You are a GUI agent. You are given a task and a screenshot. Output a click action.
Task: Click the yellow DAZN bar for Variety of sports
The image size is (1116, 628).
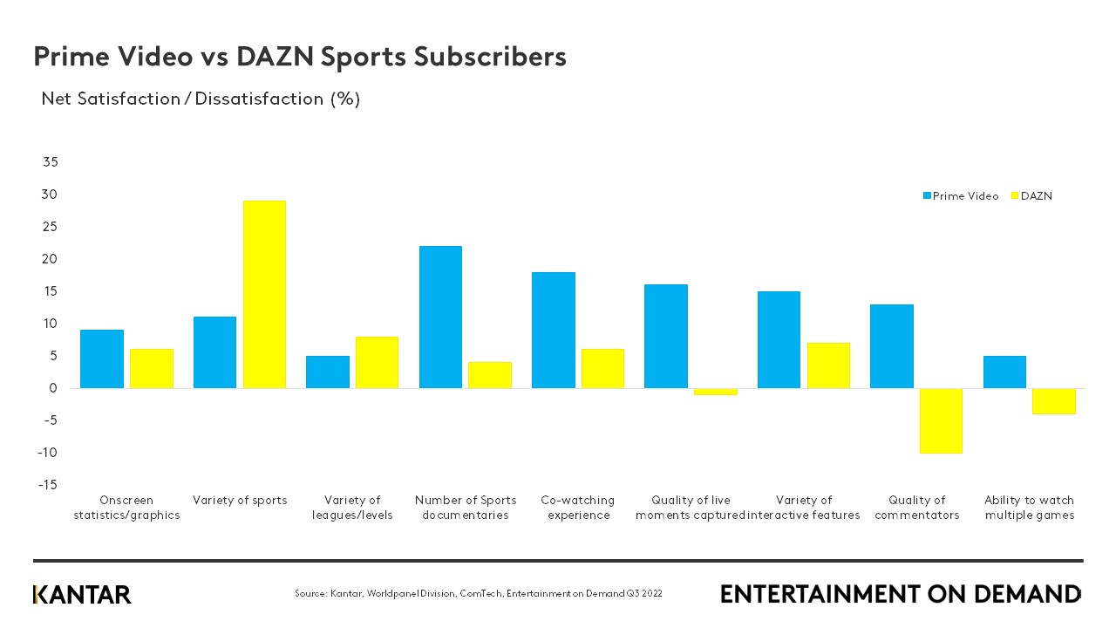point(264,295)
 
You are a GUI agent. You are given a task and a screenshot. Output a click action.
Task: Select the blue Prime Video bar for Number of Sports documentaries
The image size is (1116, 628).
point(440,317)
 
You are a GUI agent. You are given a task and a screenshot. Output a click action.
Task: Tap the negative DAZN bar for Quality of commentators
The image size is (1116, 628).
point(941,420)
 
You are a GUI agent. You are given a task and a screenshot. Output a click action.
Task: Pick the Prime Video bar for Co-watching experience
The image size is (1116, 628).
point(554,331)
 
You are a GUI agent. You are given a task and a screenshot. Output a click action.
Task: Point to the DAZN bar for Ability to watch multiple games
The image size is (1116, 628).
point(1054,401)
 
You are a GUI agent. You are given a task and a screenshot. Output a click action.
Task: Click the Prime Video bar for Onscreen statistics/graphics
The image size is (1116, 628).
point(102,359)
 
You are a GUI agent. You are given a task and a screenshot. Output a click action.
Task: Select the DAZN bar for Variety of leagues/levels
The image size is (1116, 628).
point(377,363)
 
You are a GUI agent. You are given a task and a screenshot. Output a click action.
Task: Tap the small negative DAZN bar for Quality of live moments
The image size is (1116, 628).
point(716,392)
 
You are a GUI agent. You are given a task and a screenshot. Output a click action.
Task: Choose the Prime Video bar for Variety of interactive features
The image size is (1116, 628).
point(779,340)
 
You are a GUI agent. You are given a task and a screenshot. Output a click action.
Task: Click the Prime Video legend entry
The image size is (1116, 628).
point(961,196)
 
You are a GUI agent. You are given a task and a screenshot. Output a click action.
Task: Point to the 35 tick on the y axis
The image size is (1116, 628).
point(50,162)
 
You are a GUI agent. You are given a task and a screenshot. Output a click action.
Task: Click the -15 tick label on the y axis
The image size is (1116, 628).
point(48,485)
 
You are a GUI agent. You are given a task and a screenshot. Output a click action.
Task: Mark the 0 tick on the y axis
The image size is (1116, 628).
point(53,388)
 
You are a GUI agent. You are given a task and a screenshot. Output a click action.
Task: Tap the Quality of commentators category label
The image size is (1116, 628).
point(916,508)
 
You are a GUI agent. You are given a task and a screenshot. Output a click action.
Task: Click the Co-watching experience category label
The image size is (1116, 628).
point(577,508)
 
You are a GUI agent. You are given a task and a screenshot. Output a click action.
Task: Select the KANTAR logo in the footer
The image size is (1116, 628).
point(82,595)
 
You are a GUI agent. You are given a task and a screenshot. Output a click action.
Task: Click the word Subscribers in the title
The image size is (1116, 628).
point(489,57)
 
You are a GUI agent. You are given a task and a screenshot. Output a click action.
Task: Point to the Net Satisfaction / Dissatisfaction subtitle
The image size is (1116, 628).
point(201,99)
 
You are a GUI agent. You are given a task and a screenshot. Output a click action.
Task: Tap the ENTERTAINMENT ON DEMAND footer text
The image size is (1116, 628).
point(900,595)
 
